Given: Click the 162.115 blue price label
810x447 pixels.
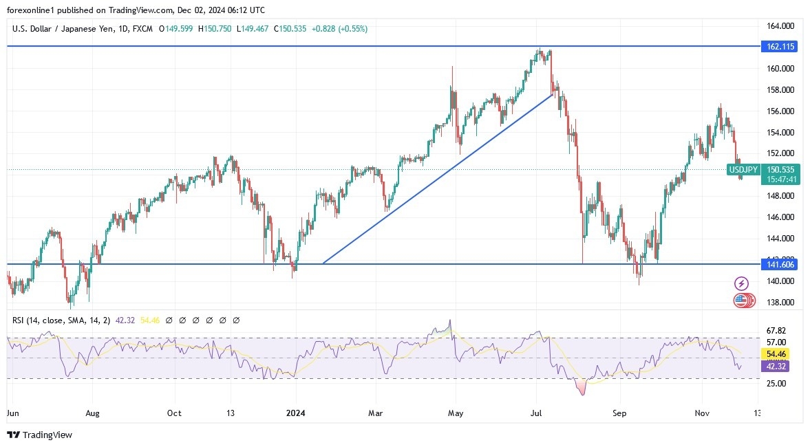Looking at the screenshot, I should [780, 47].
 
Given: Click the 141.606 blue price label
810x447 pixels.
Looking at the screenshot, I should [780, 264].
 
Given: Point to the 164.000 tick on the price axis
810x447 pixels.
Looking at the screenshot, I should [780, 26].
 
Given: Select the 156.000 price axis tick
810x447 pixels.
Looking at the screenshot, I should [780, 111].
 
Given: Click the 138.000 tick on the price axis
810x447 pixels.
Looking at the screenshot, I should [780, 302].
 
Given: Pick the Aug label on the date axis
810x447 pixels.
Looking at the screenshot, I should [92, 413].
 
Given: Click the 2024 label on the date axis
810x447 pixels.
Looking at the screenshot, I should [296, 413].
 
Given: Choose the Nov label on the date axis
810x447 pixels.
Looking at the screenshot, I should [702, 413].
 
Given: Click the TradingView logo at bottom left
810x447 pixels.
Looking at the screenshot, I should [39, 435].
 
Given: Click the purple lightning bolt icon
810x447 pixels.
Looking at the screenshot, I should [741, 283].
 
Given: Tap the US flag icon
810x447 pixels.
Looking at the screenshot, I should [741, 300].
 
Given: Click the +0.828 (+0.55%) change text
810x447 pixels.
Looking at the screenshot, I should [339, 29].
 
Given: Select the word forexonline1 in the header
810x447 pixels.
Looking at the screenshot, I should [32, 9].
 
